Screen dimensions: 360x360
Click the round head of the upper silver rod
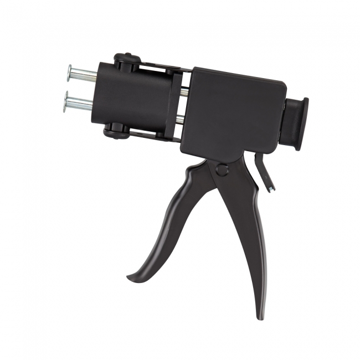(x=69, y=72)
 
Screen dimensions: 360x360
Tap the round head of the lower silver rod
(x=65, y=102)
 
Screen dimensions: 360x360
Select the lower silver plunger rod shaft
(x=80, y=104)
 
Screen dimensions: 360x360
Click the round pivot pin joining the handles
(x=222, y=169)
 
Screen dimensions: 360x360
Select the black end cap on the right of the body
(x=296, y=124)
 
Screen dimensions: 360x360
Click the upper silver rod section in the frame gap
(x=183, y=92)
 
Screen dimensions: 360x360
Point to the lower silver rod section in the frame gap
(x=179, y=119)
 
